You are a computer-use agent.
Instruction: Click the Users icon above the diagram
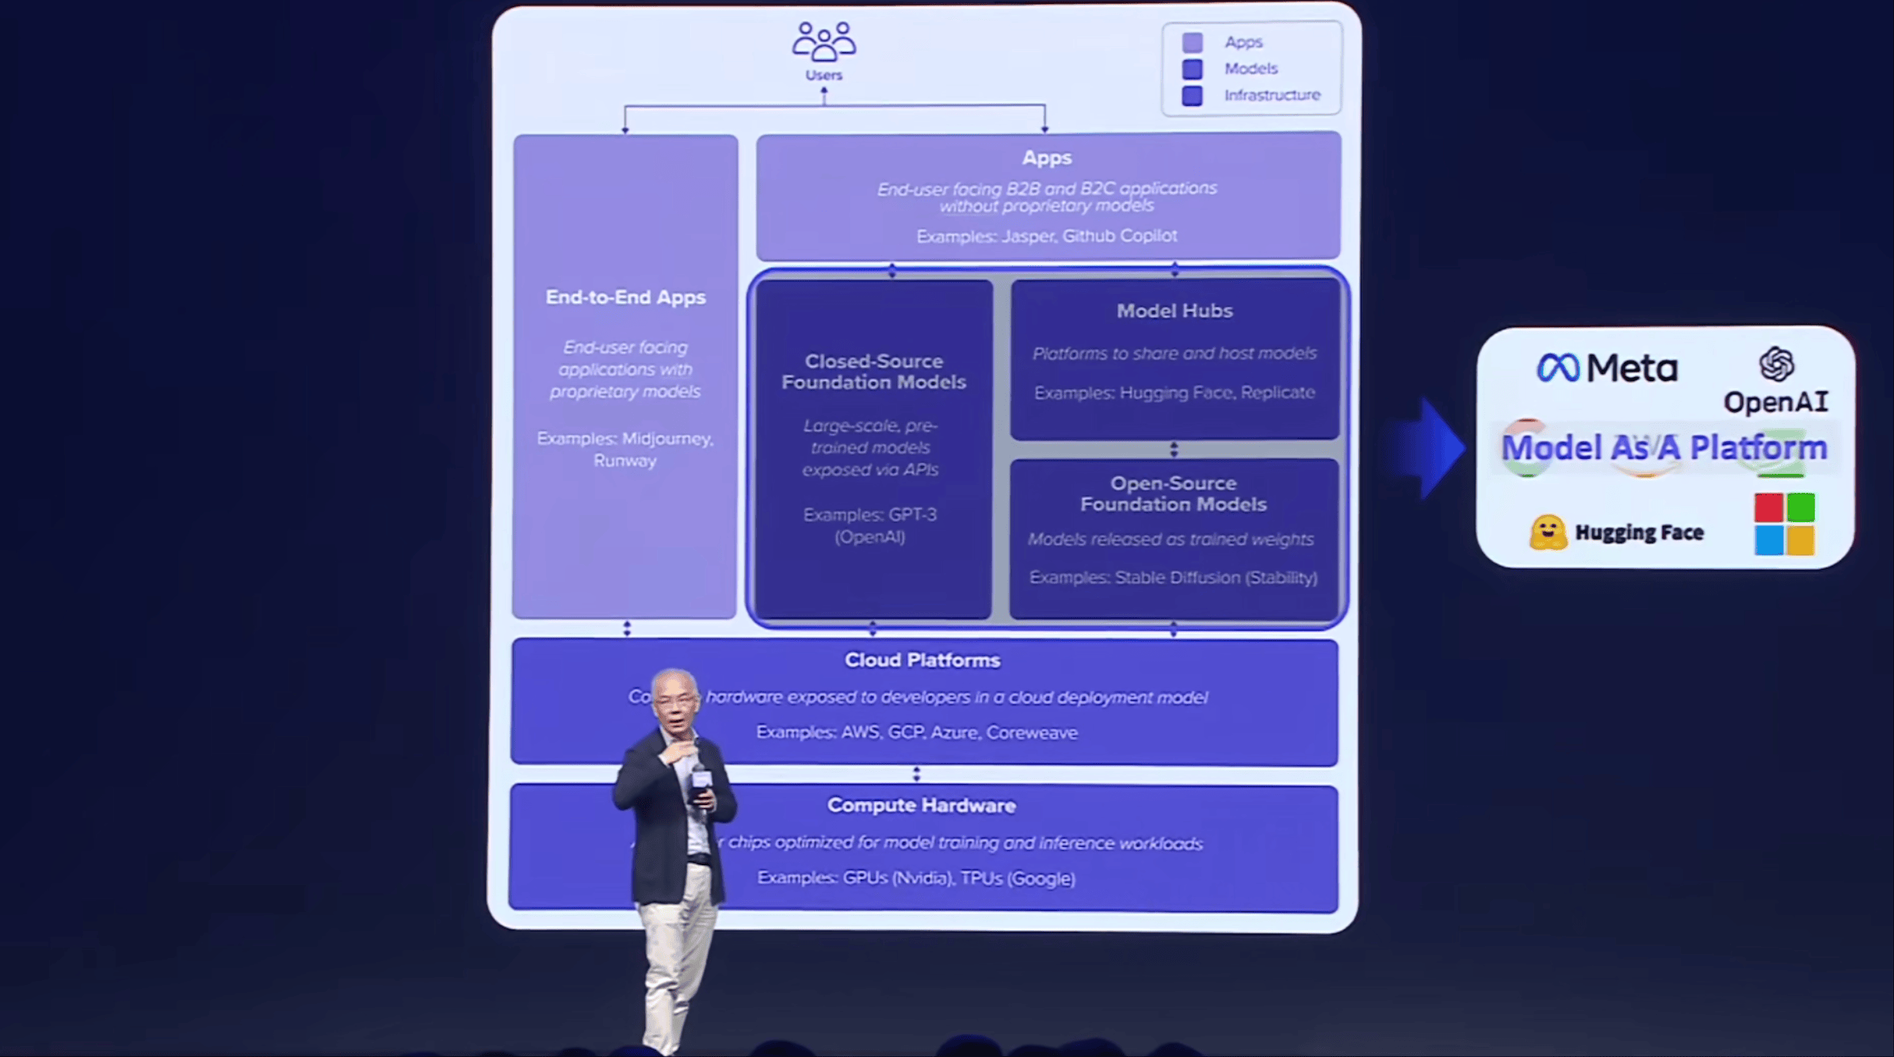pyautogui.click(x=823, y=42)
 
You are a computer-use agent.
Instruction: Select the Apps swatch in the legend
pyautogui.click(x=1192, y=42)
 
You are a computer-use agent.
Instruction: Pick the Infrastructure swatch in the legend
pyautogui.click(x=1192, y=96)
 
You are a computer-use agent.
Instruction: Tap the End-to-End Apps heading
pyautogui.click(x=625, y=297)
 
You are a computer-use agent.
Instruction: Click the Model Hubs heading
pyautogui.click(x=1174, y=311)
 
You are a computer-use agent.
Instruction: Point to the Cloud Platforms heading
pyautogui.click(x=922, y=660)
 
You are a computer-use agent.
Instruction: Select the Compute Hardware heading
pyautogui.click(x=922, y=805)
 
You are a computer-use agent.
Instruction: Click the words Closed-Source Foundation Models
pyautogui.click(x=873, y=372)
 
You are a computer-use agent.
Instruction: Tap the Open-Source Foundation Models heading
pyautogui.click(x=1174, y=494)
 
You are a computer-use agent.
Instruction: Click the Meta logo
pyautogui.click(x=1606, y=368)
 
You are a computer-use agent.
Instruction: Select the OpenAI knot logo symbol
pyautogui.click(x=1777, y=364)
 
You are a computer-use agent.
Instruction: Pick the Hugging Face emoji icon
pyautogui.click(x=1548, y=532)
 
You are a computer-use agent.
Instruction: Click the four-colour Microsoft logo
pyautogui.click(x=1784, y=524)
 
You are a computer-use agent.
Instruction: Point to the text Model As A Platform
pyautogui.click(x=1664, y=448)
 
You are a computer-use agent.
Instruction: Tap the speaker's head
pyautogui.click(x=675, y=697)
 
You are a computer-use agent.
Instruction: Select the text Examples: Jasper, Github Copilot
pyautogui.click(x=1046, y=236)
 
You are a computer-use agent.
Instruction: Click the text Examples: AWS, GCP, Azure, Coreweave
pyautogui.click(x=917, y=732)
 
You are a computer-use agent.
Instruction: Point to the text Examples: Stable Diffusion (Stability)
pyautogui.click(x=1173, y=578)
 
